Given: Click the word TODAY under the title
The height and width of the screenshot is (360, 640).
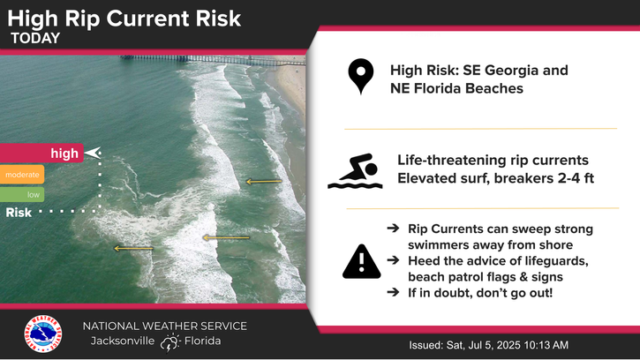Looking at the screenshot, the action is pos(35,38).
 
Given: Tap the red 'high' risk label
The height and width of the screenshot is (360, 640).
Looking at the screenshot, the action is pos(41,153).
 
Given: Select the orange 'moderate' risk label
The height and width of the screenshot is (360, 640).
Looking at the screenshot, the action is pos(22,175).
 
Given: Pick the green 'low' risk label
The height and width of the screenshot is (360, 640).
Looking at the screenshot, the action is pos(22,195).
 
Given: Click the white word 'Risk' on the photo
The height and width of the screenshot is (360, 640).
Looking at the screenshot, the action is pos(19,213).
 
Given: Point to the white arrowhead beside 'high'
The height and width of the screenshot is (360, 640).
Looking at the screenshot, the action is pos(93,153).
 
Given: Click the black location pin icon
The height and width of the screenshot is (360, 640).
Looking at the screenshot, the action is pos(361,77).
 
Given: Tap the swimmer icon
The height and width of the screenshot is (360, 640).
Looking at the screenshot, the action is pos(355,171).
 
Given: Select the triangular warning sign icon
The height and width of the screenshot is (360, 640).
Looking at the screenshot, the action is pos(362,262).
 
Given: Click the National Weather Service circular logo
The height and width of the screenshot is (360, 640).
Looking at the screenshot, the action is pos(43,334).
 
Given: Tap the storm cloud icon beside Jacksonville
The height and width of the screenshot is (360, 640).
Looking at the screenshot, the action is pos(169,342).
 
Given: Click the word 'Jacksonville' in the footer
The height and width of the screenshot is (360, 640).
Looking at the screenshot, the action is pos(123,341).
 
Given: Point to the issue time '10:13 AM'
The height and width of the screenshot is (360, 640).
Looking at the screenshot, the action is pos(546,345).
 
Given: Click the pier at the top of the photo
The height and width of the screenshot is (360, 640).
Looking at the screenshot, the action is pos(212,60).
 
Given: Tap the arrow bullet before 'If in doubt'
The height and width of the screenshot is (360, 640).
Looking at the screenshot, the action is pos(393,292).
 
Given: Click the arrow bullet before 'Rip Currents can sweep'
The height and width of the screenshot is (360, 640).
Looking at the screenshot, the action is pos(393,228).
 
